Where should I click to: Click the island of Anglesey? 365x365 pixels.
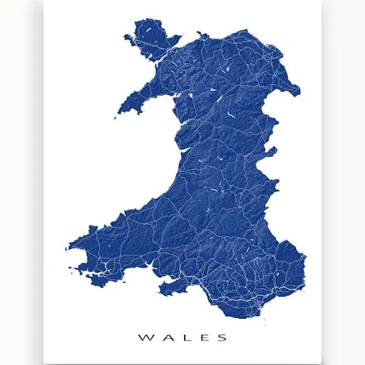154,44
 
